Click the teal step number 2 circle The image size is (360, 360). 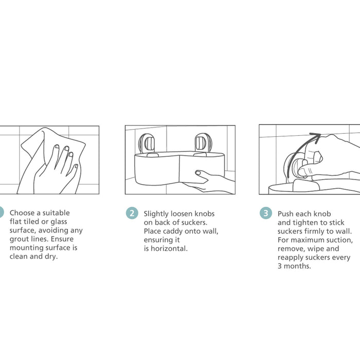point(132,213)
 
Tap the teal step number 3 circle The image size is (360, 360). point(266,213)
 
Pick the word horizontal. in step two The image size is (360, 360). point(169,248)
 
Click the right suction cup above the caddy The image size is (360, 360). point(201,143)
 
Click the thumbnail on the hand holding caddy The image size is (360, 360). point(197,172)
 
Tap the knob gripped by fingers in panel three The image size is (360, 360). point(301,169)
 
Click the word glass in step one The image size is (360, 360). point(59,222)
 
